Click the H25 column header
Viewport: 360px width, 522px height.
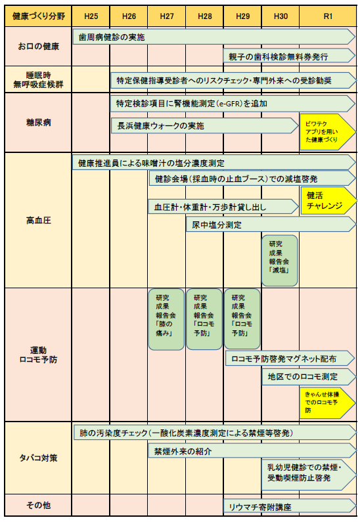(91, 16)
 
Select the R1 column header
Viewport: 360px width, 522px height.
(328, 16)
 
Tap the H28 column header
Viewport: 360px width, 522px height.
(205, 16)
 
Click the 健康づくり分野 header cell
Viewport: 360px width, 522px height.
(38, 16)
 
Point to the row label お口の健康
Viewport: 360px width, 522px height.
(38, 46)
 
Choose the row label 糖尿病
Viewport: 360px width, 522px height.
(38, 123)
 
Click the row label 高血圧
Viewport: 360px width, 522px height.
(38, 221)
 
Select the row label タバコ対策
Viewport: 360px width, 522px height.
(38, 458)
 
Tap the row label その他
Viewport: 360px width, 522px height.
(38, 506)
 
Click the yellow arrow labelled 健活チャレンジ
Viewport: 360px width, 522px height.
(328, 201)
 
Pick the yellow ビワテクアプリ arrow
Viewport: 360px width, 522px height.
(327, 132)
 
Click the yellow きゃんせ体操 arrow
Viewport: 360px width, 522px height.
(327, 402)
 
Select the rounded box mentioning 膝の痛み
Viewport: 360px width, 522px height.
(166, 319)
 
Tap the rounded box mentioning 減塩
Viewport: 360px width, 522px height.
(279, 261)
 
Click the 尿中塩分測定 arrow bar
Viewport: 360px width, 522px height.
(271, 225)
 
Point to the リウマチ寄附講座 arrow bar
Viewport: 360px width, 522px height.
(290, 506)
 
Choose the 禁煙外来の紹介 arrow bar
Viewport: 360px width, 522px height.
(252, 451)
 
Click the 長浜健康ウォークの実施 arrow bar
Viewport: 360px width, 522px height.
(204, 126)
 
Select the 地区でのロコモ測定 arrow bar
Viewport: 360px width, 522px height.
(309, 377)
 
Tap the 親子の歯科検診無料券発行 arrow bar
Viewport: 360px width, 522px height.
(289, 56)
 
